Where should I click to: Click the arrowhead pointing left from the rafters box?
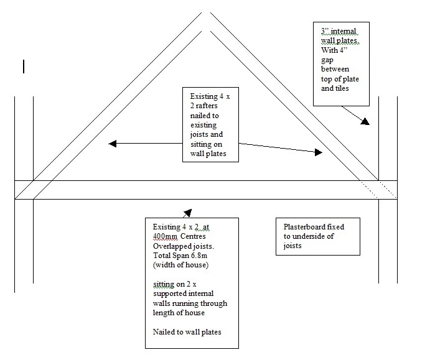[x=113, y=144]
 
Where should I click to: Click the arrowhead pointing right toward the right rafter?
[x=319, y=152]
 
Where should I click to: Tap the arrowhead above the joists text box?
[x=187, y=213]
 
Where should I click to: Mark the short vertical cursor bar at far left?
[x=23, y=66]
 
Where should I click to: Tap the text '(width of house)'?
[x=177, y=265]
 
